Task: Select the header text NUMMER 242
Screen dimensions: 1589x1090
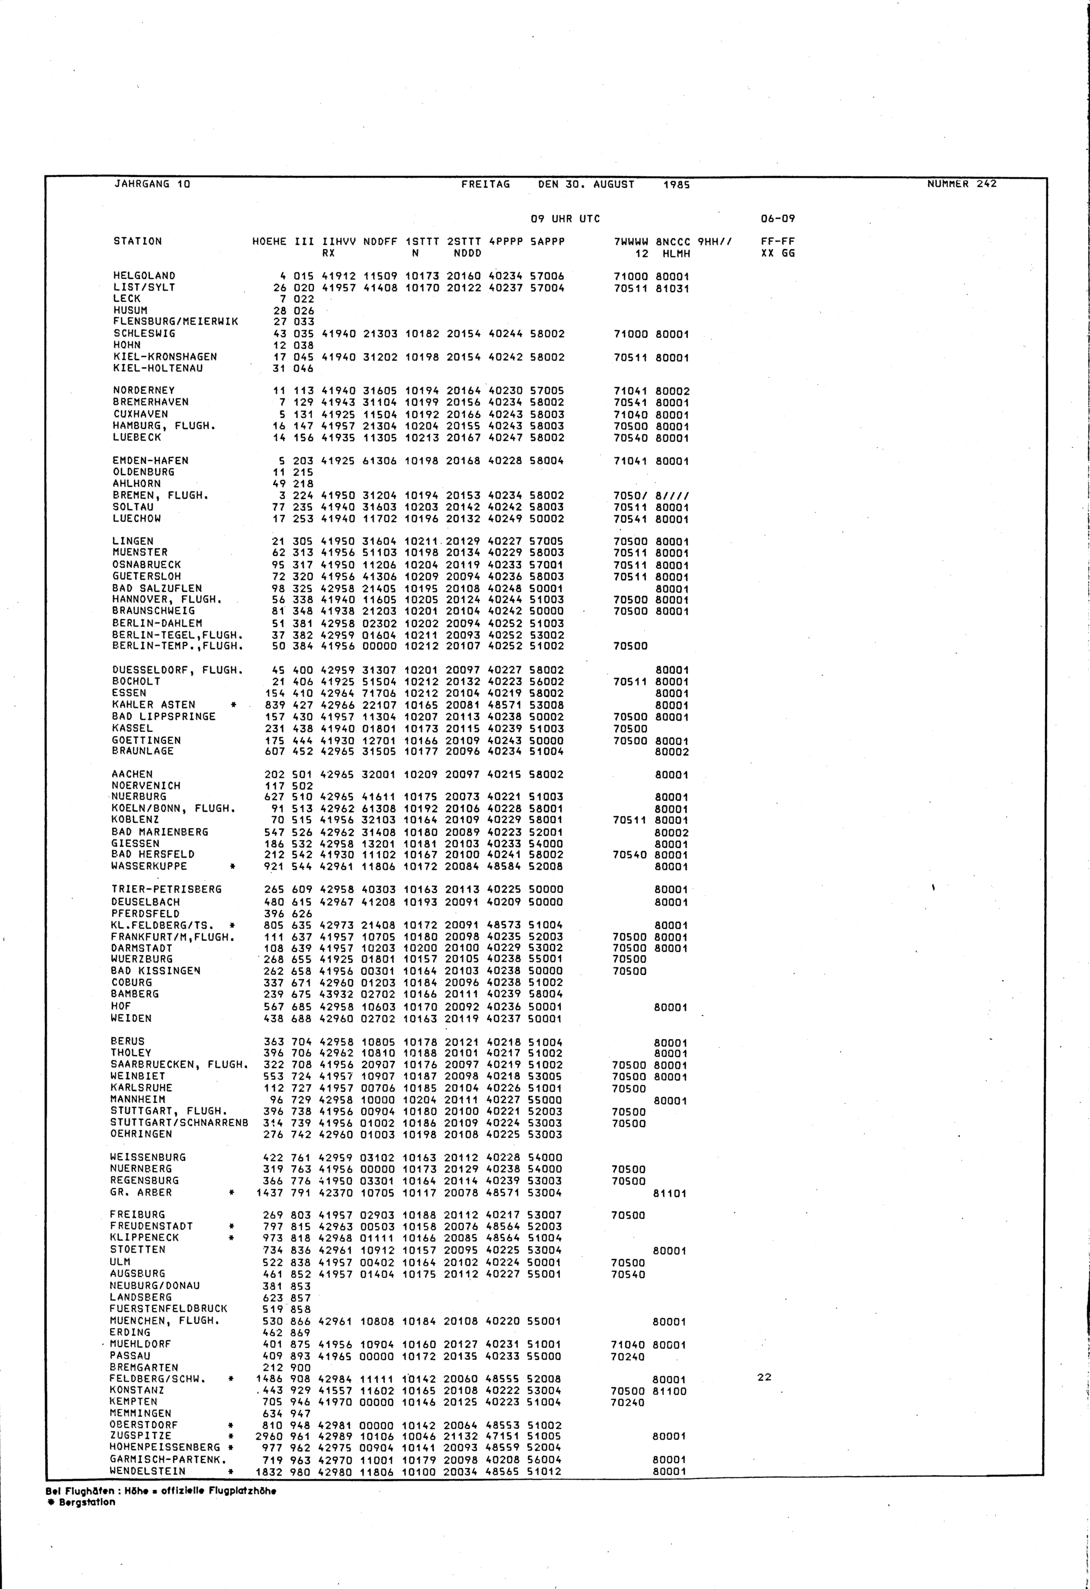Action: (961, 184)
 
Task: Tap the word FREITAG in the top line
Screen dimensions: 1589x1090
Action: (486, 185)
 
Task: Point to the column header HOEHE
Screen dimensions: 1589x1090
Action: (269, 241)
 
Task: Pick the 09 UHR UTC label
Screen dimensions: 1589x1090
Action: (566, 219)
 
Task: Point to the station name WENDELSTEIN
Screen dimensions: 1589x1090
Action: (147, 1471)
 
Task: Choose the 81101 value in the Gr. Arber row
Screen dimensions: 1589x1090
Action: (670, 1194)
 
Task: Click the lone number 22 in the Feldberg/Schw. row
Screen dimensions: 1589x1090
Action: (765, 1378)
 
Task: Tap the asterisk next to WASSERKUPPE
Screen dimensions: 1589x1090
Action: (233, 867)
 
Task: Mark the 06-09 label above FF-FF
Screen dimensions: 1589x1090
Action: (778, 219)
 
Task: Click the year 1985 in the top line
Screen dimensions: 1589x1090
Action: (676, 185)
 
